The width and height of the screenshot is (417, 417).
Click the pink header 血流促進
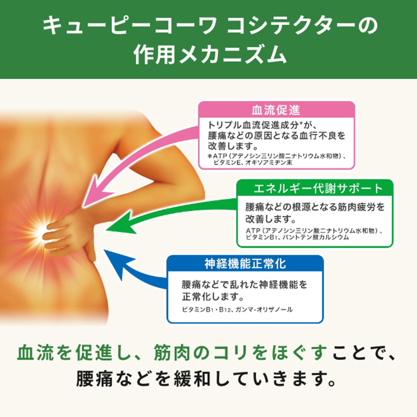coord(276,110)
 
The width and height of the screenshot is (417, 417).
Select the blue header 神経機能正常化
coord(245,264)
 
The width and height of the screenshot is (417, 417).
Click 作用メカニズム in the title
coord(210,55)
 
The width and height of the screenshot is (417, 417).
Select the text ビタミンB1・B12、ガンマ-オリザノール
coord(237,309)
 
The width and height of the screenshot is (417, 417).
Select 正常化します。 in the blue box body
coord(213,297)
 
